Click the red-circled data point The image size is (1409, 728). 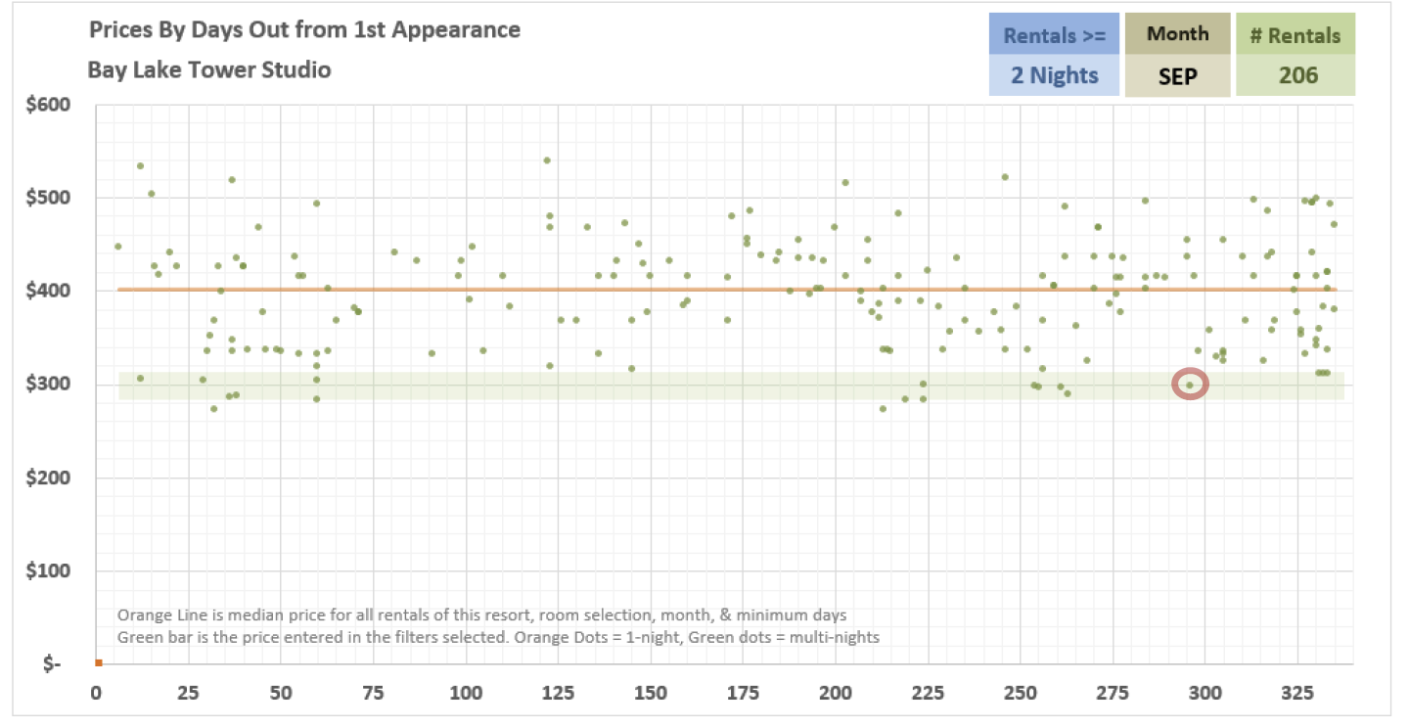tap(1190, 385)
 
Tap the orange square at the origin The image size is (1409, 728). tap(99, 662)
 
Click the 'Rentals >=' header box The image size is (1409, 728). tap(1054, 35)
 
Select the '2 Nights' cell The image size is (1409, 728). tap(1054, 75)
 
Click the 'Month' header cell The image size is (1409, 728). tap(1177, 34)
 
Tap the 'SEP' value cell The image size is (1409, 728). tap(1177, 75)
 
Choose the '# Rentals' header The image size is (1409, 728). tap(1295, 35)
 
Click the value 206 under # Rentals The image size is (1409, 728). tap(1295, 75)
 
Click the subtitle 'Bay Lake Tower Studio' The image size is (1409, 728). tap(209, 69)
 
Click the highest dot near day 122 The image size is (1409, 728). tap(547, 160)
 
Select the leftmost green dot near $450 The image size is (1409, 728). tap(117, 247)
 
